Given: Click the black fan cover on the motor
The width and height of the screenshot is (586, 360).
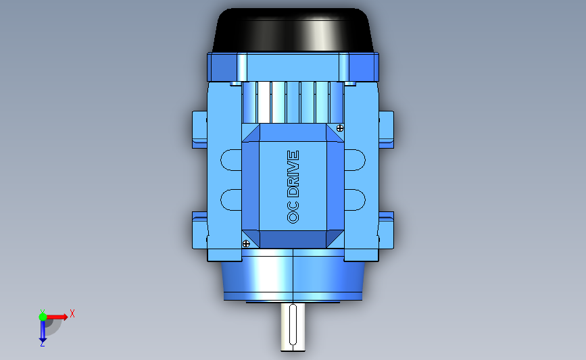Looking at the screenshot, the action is click(x=293, y=30).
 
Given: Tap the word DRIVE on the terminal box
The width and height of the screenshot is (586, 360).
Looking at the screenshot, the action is click(x=293, y=174).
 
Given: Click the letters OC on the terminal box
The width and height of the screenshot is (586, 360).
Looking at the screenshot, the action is click(x=293, y=212).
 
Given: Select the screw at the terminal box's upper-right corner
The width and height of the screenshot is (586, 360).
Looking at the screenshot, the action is click(x=340, y=128).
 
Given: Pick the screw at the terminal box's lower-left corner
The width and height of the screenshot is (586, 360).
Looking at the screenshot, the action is click(x=246, y=244).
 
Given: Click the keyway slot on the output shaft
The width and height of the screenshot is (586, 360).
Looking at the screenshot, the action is click(x=293, y=324).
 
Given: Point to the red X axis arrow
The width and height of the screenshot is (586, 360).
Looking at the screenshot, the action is click(x=56, y=317).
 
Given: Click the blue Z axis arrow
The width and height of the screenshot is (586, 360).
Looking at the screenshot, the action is click(x=43, y=331).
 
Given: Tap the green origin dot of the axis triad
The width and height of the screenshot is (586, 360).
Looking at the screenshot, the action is click(x=43, y=317).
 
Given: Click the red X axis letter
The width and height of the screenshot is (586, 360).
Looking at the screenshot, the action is click(x=72, y=313).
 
